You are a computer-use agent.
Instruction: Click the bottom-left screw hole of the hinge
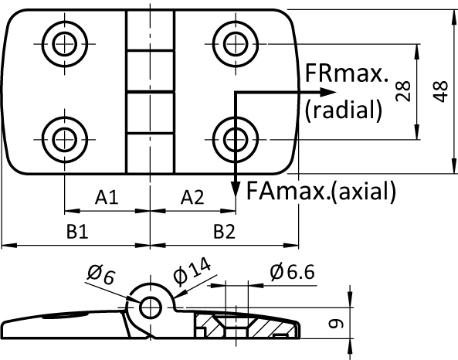[x=63, y=140]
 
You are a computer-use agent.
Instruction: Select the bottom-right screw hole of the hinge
[x=234, y=140]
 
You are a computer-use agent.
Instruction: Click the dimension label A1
[x=107, y=199]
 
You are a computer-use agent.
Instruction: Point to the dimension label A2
[x=192, y=199]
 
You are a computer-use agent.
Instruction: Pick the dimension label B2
[x=224, y=231]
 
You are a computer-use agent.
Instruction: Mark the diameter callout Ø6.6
[x=293, y=271]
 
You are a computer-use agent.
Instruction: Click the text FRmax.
[x=345, y=74]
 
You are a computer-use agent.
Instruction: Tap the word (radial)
[x=344, y=110]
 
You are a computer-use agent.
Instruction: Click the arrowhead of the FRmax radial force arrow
[x=297, y=93]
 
